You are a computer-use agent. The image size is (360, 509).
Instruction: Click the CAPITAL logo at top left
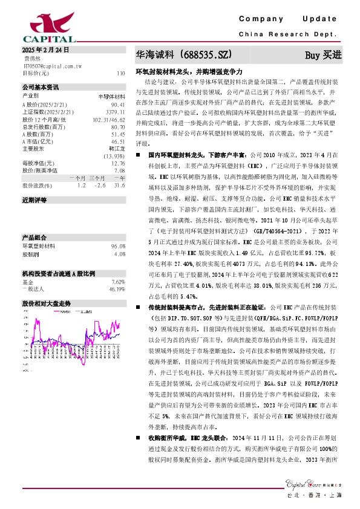pos(38,27)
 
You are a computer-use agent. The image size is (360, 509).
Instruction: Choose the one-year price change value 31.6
pos(120,186)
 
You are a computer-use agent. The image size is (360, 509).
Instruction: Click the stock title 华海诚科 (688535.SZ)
pos(184,55)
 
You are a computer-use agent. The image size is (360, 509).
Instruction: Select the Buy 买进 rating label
pos(323,56)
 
